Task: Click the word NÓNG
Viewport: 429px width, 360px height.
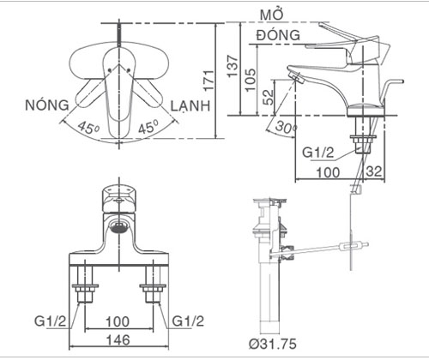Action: click(47, 105)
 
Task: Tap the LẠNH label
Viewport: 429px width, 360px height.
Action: click(190, 105)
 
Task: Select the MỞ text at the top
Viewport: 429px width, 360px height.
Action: click(272, 15)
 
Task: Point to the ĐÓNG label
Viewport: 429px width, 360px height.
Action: click(279, 35)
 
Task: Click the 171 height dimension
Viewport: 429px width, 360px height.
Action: click(208, 81)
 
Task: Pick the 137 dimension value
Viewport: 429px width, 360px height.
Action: click(233, 66)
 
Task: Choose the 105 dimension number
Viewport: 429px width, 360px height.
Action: click(251, 80)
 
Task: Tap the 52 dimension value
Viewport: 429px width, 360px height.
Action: click(269, 97)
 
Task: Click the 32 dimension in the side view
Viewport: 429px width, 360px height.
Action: click(374, 171)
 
